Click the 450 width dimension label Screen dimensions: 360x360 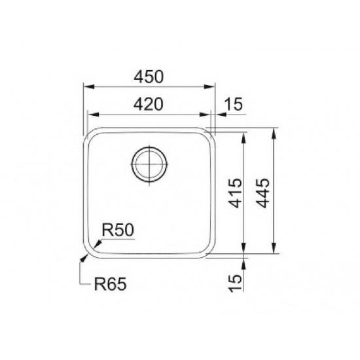[x=149, y=77]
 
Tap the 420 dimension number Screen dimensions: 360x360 [x=149, y=104]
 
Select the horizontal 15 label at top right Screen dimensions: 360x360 [x=233, y=104]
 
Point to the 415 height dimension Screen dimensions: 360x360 [x=236, y=193]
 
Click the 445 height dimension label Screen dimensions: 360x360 [x=262, y=193]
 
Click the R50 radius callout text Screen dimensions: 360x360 [x=118, y=230]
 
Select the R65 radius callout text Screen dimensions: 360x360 [x=110, y=284]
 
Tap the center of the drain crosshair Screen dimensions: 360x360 [x=149, y=164]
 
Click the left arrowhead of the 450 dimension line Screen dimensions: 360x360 [x=89, y=87]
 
